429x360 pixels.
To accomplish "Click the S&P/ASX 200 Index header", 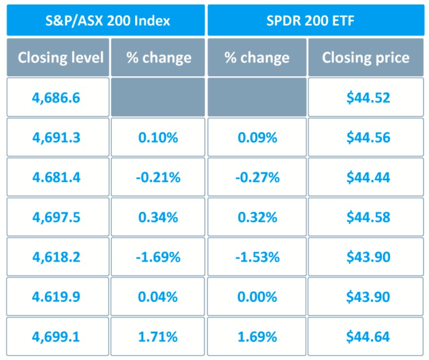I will pos(105,21).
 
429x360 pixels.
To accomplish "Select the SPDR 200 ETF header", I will pos(317,21).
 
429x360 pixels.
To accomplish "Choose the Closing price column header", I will pos(366,58).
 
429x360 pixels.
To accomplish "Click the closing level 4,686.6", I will pos(56,98).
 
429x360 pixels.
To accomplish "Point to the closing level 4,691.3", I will pos(56,137).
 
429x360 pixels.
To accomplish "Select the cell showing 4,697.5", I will pos(56,217).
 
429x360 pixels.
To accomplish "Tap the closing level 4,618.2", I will pos(56,257).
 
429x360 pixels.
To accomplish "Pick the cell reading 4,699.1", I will pos(56,337).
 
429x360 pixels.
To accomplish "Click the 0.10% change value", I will pos(158,137).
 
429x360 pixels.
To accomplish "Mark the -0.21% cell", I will pos(158,177).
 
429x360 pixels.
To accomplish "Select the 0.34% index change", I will pos(158,217).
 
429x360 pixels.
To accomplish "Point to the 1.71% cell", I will pos(158,337).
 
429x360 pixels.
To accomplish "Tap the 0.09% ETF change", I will pos(257,137).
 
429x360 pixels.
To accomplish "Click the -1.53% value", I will pos(257,257).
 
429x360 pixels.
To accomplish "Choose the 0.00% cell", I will pos(257,296).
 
